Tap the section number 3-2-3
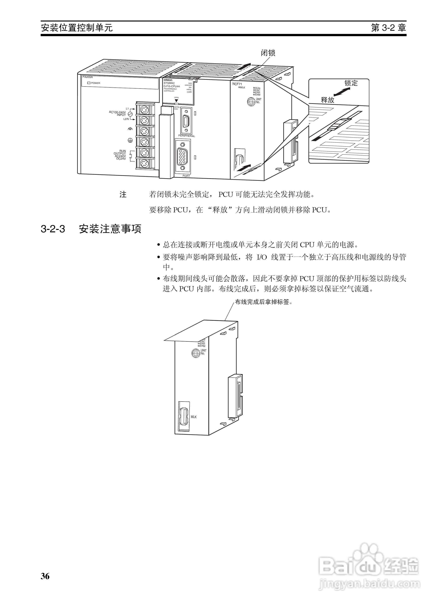pos(53,229)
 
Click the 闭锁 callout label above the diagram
pos(268,53)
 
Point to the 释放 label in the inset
pos(328,100)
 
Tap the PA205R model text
pos(88,77)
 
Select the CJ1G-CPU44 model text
pos(172,86)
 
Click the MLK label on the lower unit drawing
pos(194,417)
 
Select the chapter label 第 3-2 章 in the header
pos(388,28)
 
